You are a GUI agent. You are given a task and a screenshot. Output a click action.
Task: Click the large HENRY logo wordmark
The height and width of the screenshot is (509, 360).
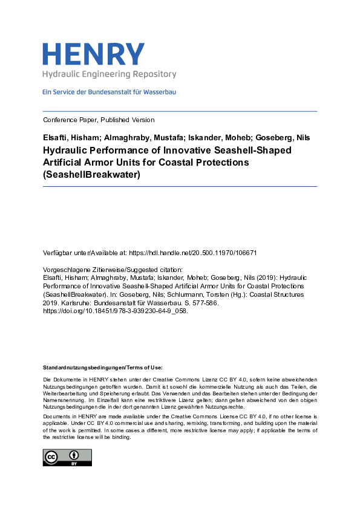93,54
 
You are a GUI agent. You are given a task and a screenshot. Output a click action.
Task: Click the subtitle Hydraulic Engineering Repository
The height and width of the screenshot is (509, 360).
109,74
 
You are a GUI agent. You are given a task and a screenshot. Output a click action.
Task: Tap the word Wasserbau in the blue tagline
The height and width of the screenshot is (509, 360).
160,92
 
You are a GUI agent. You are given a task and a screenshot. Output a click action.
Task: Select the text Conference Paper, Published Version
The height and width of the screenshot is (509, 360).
99,120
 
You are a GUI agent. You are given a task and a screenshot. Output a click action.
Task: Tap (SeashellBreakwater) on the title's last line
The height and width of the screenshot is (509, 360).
91,175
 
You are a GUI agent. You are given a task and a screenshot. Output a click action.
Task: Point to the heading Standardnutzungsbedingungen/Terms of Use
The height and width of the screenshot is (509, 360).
102,368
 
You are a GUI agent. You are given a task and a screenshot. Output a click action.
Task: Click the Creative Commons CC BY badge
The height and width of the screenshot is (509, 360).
67,457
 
